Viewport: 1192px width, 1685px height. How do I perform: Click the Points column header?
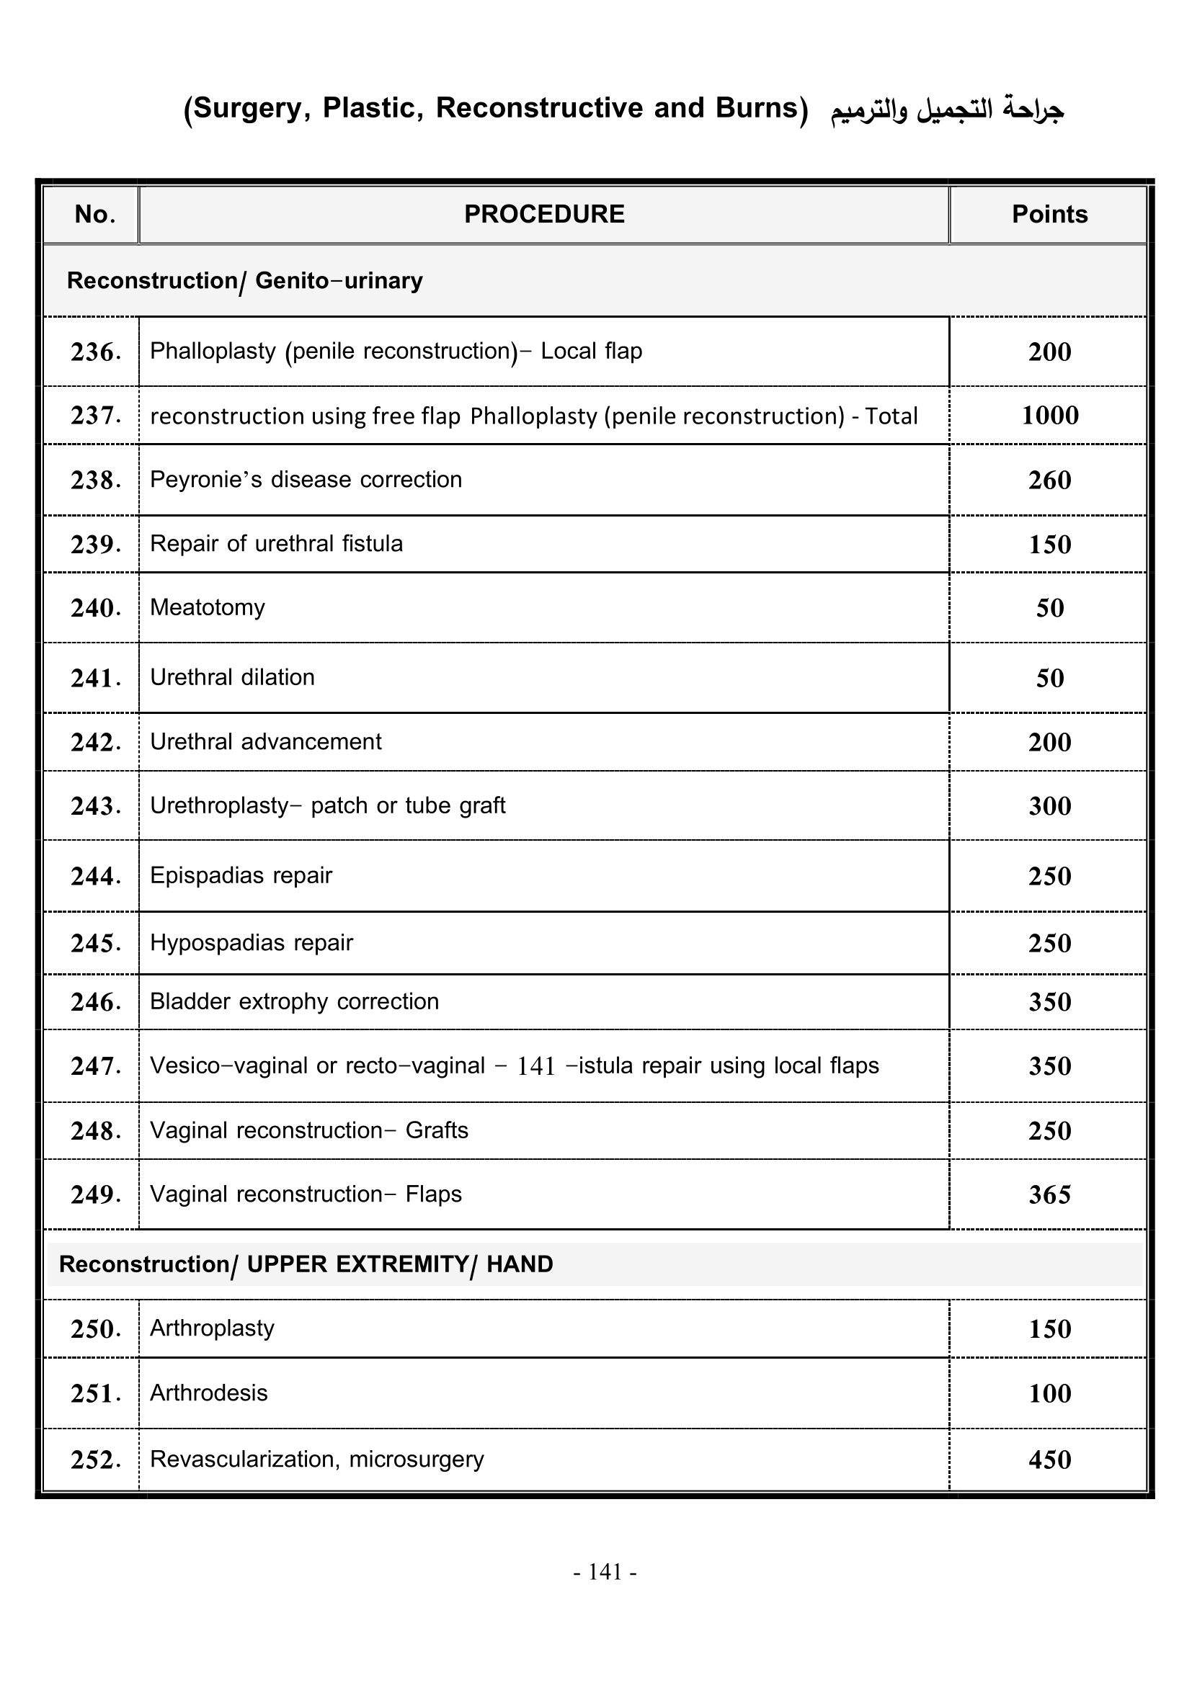(x=1049, y=214)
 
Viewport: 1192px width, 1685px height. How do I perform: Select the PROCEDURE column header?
(x=544, y=214)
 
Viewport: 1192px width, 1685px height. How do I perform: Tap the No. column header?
(x=94, y=214)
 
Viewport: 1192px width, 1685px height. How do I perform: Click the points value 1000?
(x=1049, y=416)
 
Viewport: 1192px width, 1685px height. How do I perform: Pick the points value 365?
(x=1049, y=1194)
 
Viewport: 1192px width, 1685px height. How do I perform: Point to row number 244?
(x=95, y=876)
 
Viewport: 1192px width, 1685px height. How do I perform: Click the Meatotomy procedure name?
(x=207, y=608)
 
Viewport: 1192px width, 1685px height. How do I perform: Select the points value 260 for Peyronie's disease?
(x=1049, y=480)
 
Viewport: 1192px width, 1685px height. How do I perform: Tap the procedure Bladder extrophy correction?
(x=294, y=1002)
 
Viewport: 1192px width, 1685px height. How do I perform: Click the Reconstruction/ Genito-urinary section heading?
(x=244, y=281)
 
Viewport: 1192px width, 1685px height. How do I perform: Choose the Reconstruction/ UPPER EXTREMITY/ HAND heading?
(x=306, y=1264)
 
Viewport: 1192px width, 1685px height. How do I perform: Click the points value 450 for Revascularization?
(x=1049, y=1460)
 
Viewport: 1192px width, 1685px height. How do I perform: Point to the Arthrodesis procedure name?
(x=208, y=1393)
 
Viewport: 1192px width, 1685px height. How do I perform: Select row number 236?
(x=95, y=352)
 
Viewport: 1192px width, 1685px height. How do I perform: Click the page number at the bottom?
(x=605, y=1571)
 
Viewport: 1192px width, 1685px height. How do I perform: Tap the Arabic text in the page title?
(x=947, y=109)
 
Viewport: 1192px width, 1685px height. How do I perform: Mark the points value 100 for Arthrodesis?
(x=1049, y=1393)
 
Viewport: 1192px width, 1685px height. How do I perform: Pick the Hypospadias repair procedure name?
(x=251, y=943)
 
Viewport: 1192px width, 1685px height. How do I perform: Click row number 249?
(x=95, y=1194)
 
